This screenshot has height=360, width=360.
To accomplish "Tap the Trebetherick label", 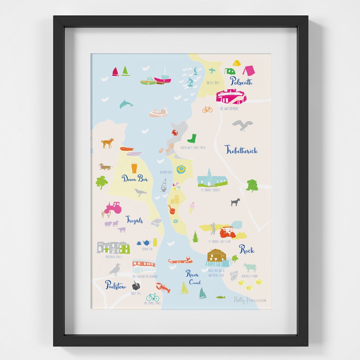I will tap(241, 150).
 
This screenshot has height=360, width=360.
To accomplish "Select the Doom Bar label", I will tap(135, 178).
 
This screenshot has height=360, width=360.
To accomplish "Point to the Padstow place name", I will tap(116, 285).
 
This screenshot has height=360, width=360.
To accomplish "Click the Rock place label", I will tap(247, 249).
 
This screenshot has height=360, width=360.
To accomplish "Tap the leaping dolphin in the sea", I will tap(126, 104).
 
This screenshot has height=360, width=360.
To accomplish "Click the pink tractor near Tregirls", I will tap(113, 208).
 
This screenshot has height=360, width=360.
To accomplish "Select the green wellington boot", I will tap(192, 138).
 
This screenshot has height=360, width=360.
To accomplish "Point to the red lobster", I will tap(163, 287).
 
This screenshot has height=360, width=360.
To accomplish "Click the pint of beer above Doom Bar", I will tap(134, 168).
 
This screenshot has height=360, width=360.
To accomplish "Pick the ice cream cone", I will tap(192, 207).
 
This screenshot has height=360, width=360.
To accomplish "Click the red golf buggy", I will tap(228, 232).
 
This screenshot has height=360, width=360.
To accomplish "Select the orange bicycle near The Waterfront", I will tap(207, 109).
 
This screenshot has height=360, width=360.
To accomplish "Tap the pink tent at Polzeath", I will tap(248, 70).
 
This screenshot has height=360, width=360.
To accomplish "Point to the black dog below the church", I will tap(235, 202).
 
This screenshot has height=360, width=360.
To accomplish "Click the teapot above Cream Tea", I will tap(146, 243).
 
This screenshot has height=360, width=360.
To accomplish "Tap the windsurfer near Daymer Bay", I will tap(164, 185).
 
